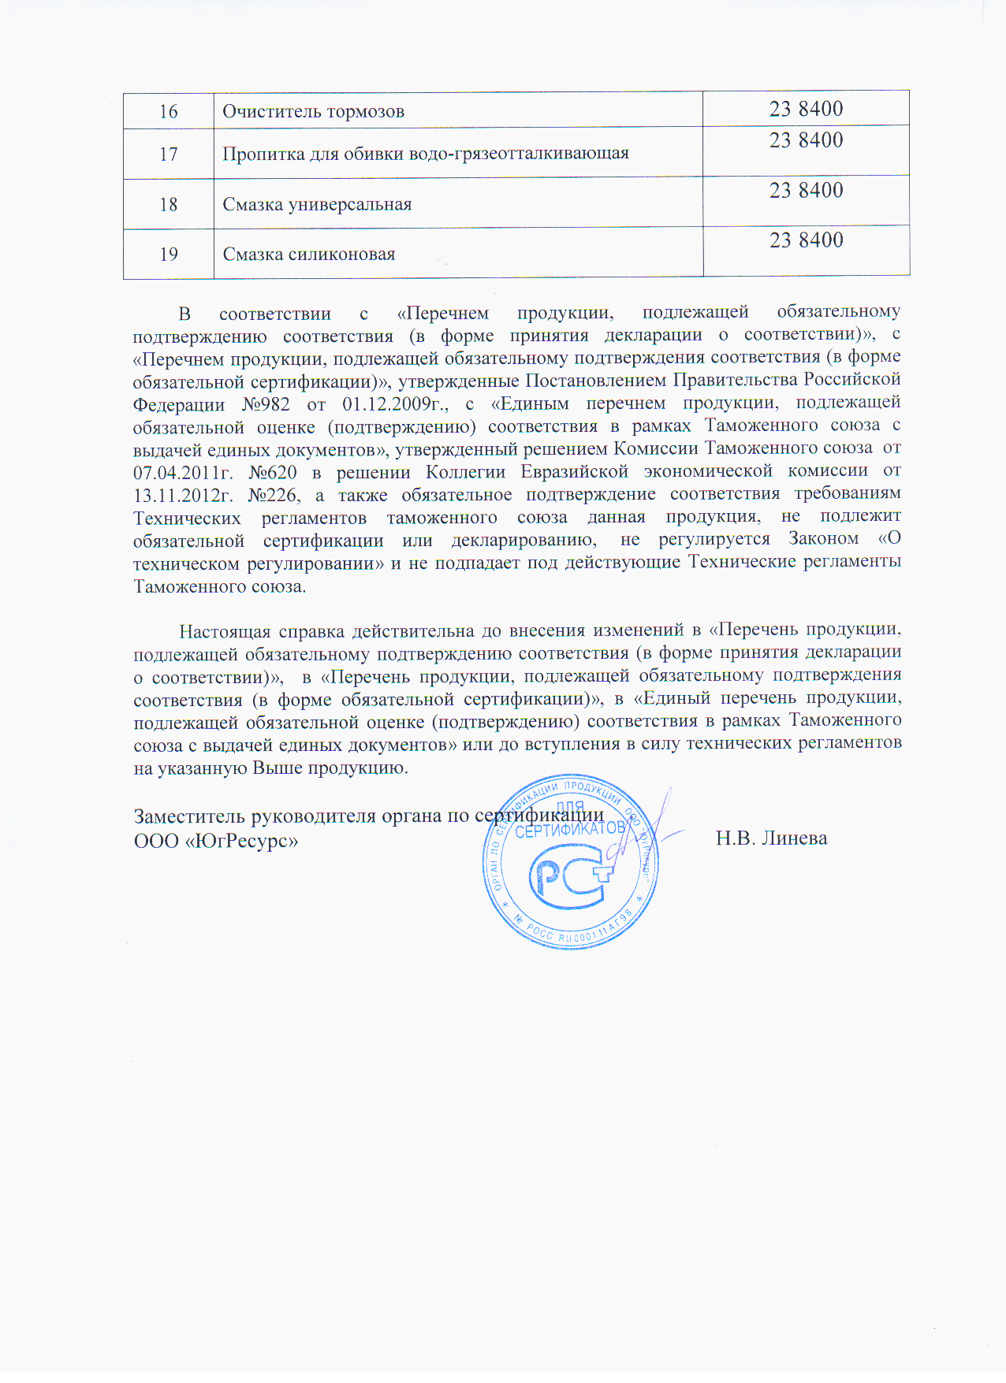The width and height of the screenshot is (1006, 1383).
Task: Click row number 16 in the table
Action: (169, 111)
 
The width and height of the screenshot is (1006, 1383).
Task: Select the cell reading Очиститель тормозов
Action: (313, 111)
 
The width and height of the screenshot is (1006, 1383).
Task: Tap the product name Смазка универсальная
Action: (317, 205)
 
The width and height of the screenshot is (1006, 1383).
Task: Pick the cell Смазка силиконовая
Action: (309, 255)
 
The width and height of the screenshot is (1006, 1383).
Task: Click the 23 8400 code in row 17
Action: (806, 140)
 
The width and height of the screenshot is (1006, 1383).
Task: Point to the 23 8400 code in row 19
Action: (806, 240)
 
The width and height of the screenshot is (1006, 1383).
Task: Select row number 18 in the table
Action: (169, 205)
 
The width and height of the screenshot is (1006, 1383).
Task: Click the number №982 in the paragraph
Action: (266, 404)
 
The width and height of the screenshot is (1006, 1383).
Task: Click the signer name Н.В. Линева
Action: (771, 838)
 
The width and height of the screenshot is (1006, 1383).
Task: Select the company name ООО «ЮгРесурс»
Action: (216, 841)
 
